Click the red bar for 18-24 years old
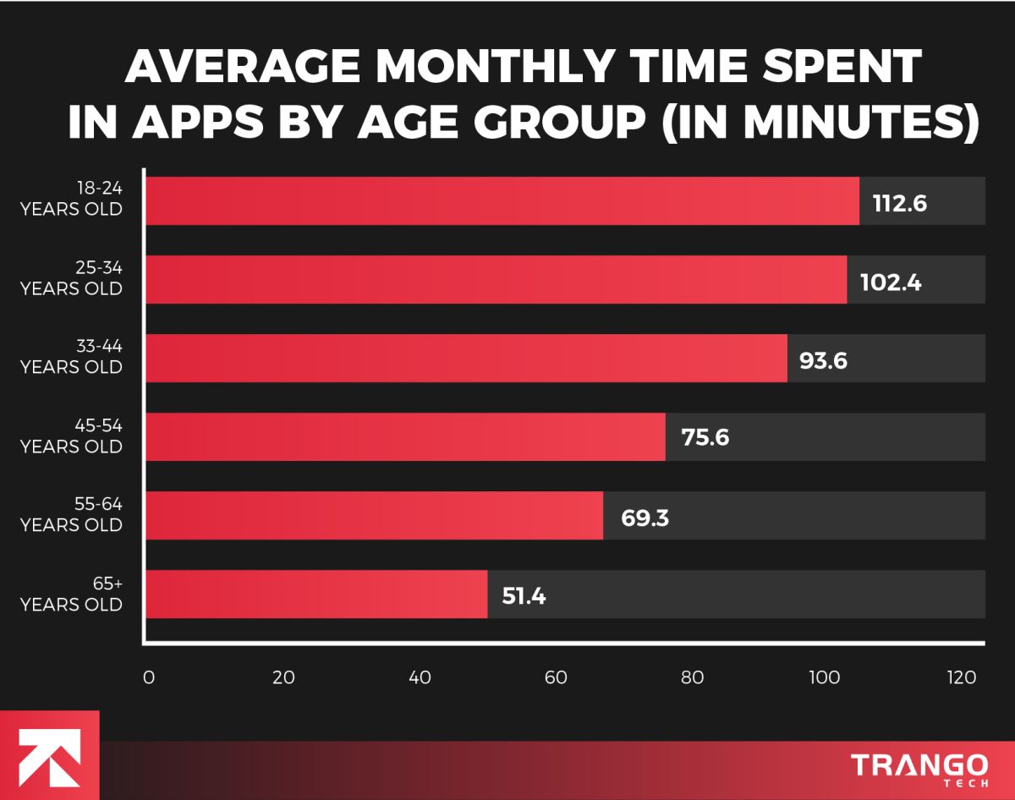(x=502, y=201)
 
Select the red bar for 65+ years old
(x=317, y=595)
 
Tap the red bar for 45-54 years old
(x=406, y=437)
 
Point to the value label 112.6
(x=900, y=203)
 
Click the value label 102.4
(x=891, y=282)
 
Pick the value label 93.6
(x=823, y=360)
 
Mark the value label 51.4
(x=524, y=595)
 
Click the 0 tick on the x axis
(x=149, y=677)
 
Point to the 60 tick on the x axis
(x=556, y=677)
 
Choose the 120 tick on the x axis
(x=961, y=677)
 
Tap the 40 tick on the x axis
(x=420, y=677)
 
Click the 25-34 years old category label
(x=71, y=278)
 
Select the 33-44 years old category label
(x=71, y=357)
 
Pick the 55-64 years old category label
(x=71, y=515)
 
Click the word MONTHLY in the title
(x=478, y=68)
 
